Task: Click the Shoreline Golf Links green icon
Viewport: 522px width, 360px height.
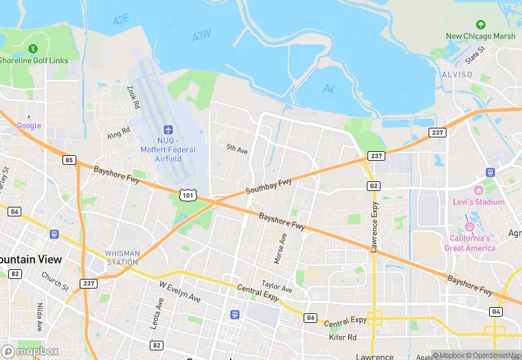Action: pos(33,48)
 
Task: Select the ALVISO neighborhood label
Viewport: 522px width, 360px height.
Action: pos(457,74)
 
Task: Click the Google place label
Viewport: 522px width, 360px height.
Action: pos(29,126)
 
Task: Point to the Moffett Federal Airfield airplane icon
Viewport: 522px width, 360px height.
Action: pos(168,130)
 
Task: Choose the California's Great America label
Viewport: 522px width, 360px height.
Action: pos(470,243)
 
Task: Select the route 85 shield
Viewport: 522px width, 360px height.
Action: pos(68,160)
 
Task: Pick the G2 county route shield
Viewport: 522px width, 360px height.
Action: pos(374,185)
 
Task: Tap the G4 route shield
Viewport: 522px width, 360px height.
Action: pos(495,312)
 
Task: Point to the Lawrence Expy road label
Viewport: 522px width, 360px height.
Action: pos(374,227)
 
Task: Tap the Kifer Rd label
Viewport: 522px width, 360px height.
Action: pos(342,337)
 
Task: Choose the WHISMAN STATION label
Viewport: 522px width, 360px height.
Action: pos(123,258)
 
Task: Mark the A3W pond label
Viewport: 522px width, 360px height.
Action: pos(201,36)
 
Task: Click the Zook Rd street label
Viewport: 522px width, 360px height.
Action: pos(133,97)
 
